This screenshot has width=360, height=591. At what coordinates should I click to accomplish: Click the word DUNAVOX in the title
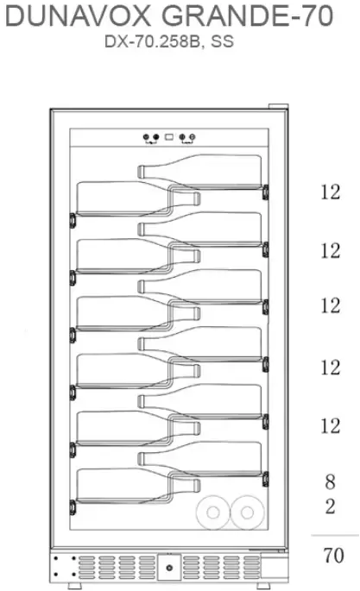[78, 16]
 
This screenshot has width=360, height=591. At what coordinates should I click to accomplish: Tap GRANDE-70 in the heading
[247, 16]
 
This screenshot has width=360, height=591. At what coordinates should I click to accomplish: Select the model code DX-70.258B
[152, 41]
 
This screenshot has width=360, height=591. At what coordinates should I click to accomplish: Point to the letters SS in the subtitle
[222, 41]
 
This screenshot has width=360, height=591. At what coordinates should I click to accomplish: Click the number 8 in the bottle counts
[330, 481]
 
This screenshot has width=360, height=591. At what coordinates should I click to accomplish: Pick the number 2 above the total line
[330, 506]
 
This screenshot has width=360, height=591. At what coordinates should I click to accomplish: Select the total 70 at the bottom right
[333, 555]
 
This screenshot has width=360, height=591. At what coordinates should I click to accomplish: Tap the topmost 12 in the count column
[331, 192]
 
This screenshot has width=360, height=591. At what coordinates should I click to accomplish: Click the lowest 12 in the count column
[331, 426]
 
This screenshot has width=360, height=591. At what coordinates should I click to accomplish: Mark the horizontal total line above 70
[335, 535]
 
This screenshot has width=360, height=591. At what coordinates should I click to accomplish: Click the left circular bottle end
[213, 512]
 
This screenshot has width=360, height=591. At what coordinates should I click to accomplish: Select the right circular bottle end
[247, 512]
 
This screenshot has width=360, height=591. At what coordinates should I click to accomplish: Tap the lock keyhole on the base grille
[169, 568]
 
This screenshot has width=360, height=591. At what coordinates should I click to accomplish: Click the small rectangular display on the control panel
[169, 137]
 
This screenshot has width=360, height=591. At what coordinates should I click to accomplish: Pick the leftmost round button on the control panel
[146, 137]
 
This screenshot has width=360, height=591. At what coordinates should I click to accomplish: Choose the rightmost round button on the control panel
[193, 137]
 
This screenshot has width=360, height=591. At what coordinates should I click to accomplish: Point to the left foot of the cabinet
[75, 586]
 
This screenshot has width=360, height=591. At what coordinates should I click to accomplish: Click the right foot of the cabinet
[263, 586]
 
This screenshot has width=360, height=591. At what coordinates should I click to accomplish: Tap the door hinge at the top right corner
[278, 107]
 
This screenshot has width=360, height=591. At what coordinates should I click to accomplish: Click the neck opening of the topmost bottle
[141, 172]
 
